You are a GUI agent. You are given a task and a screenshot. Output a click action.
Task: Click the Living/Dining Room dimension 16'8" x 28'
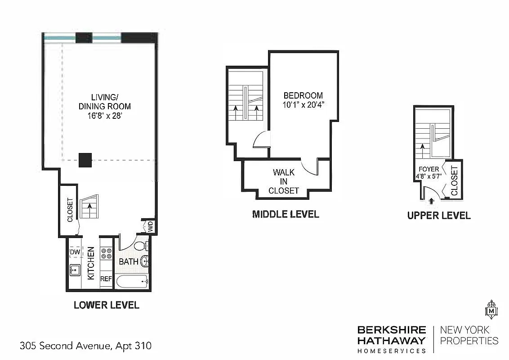[x=105, y=116]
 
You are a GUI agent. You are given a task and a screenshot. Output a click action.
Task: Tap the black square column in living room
[x=85, y=160]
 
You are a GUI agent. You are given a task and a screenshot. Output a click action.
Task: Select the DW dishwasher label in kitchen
[x=75, y=252]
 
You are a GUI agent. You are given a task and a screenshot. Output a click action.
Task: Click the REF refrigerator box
[x=106, y=279]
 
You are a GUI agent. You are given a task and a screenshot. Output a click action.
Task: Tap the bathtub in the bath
[x=132, y=282]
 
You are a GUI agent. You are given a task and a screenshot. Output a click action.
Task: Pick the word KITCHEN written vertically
[x=91, y=263]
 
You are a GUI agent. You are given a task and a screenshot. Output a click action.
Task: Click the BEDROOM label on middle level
[x=303, y=96]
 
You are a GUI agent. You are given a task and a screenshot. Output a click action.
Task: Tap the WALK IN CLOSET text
[x=284, y=181]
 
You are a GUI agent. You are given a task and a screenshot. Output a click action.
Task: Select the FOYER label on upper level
[x=429, y=169]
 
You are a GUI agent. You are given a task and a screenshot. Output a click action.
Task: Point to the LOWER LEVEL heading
[x=107, y=305]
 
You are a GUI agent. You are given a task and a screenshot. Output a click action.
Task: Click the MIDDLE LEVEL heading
[x=286, y=214]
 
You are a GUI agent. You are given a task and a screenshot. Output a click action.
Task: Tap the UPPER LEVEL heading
[x=439, y=216]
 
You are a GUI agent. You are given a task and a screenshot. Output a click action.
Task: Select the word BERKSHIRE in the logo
[x=391, y=330]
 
